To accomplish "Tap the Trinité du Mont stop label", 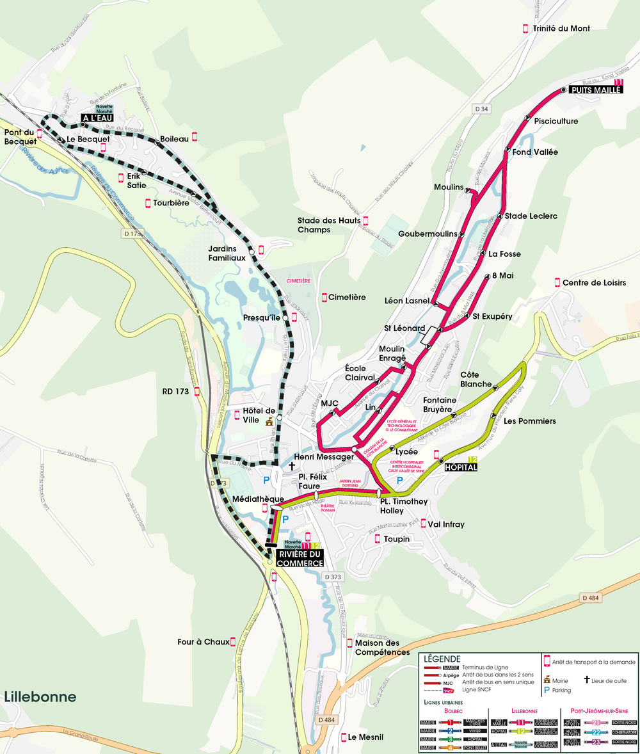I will [561, 29].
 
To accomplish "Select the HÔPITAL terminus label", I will [460, 467].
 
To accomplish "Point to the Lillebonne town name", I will [40, 697].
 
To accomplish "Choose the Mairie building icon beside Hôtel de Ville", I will [269, 421].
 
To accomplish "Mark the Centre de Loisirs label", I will [594, 283].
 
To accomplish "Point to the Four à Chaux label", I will [203, 642].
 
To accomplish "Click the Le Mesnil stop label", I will [365, 737].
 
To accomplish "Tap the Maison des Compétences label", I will [382, 648].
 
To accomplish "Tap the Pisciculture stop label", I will [556, 121].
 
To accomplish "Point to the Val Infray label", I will [446, 525].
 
